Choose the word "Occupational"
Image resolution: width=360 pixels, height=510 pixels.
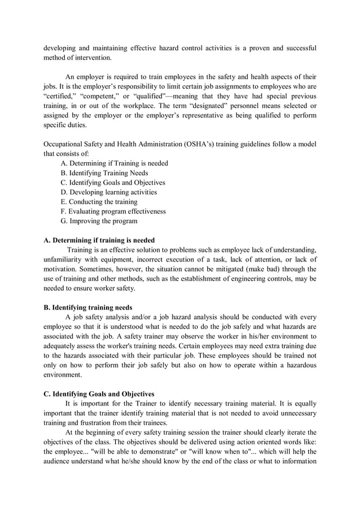coord(65,144)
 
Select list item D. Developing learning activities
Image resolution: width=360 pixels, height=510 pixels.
coord(108,192)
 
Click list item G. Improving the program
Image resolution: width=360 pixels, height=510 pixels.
coord(99,221)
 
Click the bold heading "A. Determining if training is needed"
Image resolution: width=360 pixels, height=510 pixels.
coord(99,240)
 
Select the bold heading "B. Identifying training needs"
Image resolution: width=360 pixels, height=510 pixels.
coord(88,307)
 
